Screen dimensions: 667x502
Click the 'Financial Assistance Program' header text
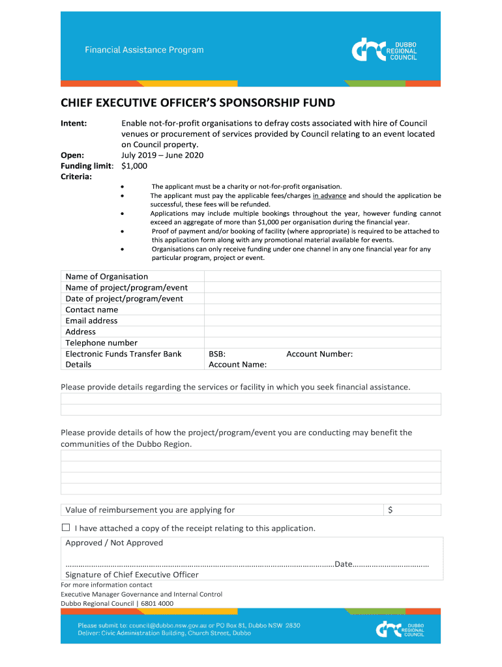click(x=144, y=50)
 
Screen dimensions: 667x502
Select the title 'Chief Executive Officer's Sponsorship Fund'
click(x=198, y=103)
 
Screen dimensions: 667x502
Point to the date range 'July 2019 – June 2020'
click(x=162, y=155)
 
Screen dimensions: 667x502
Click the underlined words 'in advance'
click(x=329, y=195)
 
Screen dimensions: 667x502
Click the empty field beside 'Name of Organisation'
click(x=322, y=276)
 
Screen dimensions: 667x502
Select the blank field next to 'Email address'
click(x=322, y=320)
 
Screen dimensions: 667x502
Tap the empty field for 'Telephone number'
click(x=322, y=343)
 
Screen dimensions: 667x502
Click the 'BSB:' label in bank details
click(x=217, y=354)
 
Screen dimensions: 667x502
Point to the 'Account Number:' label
click(x=319, y=354)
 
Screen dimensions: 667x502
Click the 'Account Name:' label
click(x=237, y=365)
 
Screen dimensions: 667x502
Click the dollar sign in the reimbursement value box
click(x=390, y=510)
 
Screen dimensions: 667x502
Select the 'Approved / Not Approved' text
click(x=114, y=543)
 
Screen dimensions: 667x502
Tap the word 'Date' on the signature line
click(x=344, y=564)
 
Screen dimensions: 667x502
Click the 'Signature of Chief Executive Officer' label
click(x=132, y=575)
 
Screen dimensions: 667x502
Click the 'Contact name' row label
click(x=92, y=309)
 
